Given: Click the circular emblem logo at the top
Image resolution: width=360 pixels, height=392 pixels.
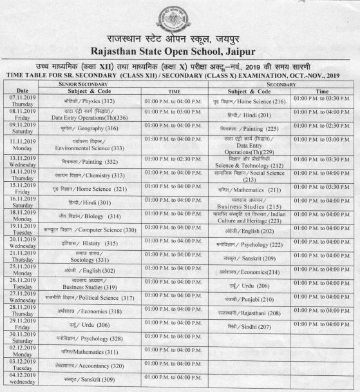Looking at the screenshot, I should click(x=181, y=15).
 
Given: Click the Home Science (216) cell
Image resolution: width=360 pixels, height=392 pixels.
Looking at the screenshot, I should click(x=251, y=101).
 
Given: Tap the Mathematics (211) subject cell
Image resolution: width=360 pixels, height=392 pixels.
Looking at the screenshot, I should click(x=251, y=190).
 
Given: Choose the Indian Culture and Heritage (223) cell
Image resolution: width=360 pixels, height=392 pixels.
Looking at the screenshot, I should click(x=251, y=217).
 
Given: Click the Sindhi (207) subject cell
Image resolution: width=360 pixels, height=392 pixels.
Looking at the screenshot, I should click(x=251, y=326).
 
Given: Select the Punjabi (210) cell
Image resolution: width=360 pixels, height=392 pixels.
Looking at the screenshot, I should click(x=251, y=299).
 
